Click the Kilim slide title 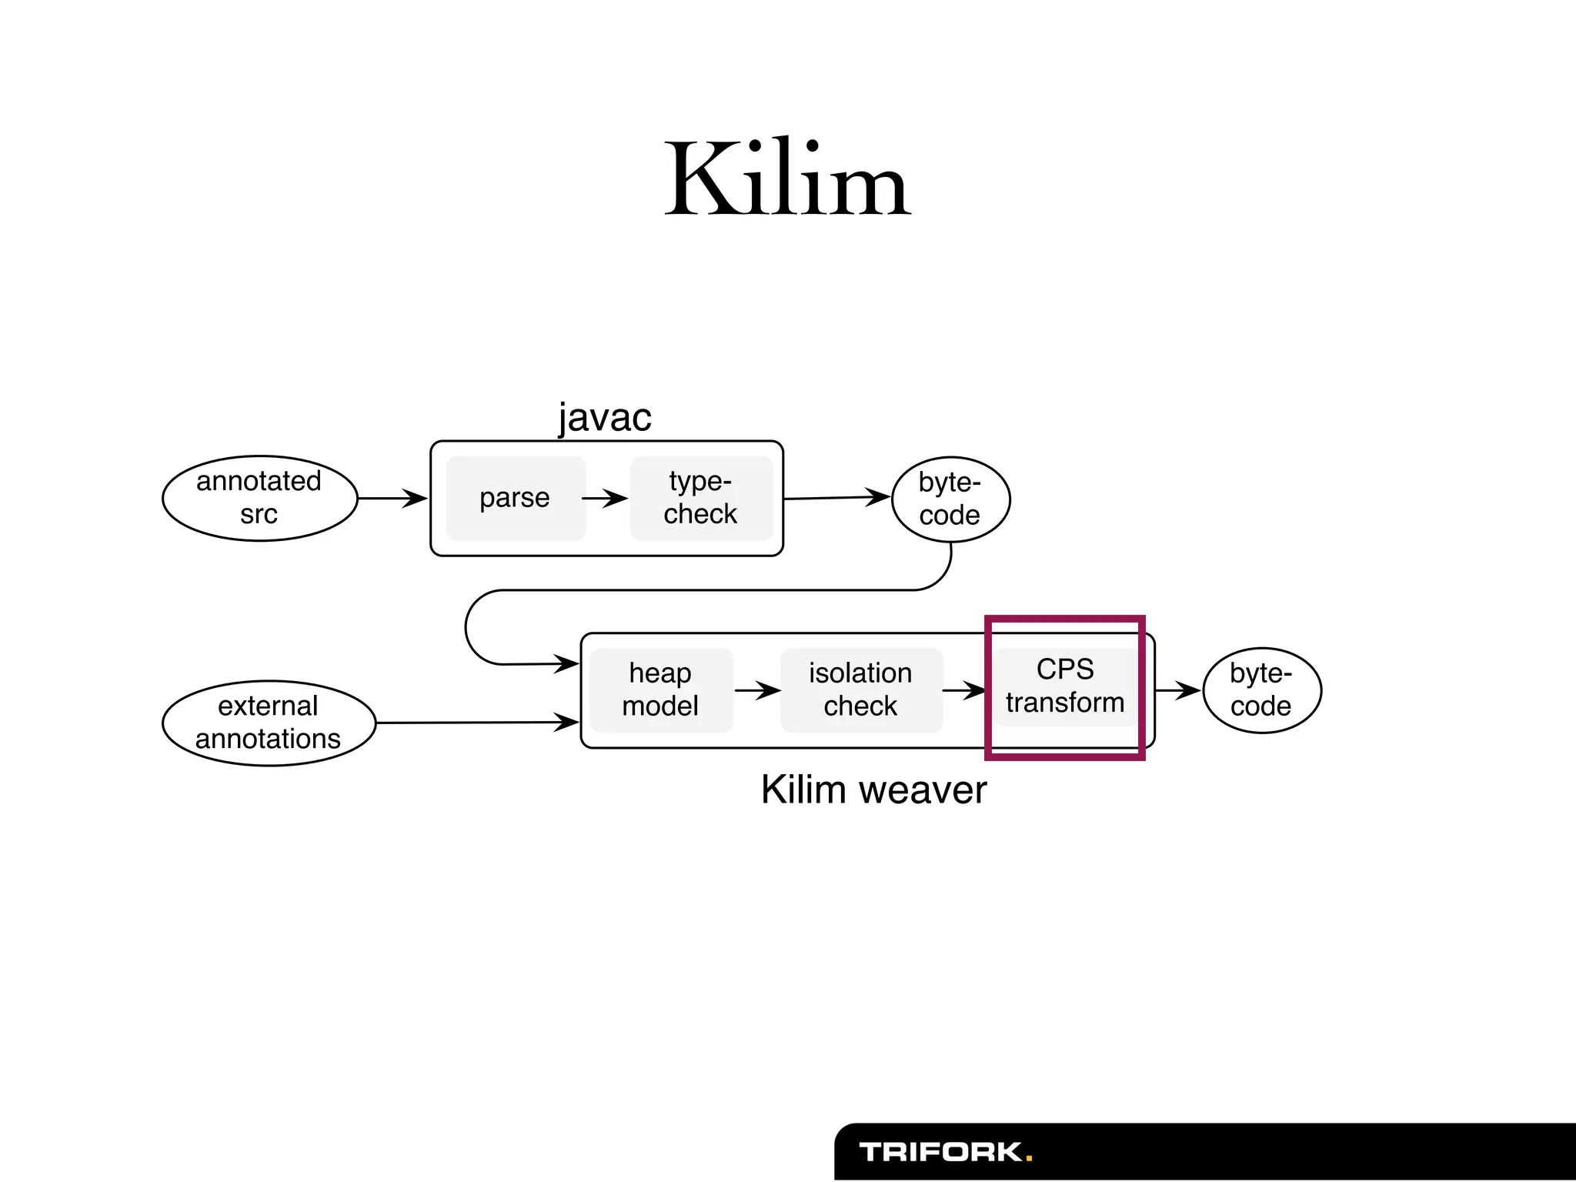coord(787,179)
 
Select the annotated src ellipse coord(259,498)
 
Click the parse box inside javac coord(515,498)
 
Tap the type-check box coord(701,498)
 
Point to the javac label coord(605,417)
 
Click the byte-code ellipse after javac coord(950,499)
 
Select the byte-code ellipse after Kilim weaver coord(1261,689)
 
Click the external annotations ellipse coord(269,723)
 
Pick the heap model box coord(661,689)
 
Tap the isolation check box coord(860,689)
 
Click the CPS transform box coord(1065,686)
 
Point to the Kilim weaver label coord(873,790)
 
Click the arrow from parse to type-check coord(606,498)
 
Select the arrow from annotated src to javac coord(392,498)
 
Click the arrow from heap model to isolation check coord(758,689)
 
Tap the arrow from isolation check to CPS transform coord(964,689)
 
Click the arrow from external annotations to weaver coord(477,723)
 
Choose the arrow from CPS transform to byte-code coord(1177,689)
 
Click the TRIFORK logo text coord(940,1152)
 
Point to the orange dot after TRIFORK coord(1029,1157)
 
